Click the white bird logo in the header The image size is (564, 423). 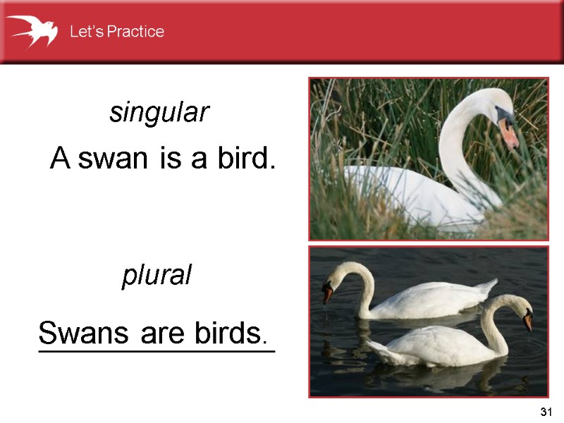pos(32,30)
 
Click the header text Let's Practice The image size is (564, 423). pos(116,32)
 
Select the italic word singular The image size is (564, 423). pos(159,113)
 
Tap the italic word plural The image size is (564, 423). pos(157,276)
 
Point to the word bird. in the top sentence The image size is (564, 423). pos(244,160)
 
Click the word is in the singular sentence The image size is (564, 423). pos(171,161)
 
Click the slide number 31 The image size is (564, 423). pos(544,412)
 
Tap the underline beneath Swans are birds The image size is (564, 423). pos(156,348)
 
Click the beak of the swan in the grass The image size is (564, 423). pos(509,133)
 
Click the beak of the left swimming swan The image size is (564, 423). pos(328,293)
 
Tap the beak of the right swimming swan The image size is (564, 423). pos(528,321)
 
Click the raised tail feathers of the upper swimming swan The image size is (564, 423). pos(486,286)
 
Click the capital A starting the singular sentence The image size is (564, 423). pos(60,160)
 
